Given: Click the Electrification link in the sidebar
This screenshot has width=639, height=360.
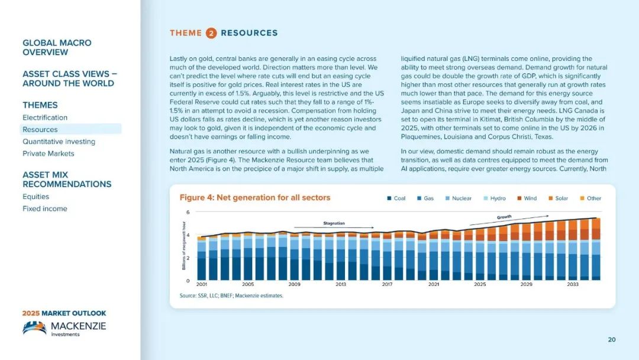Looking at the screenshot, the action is pyautogui.click(x=45, y=117).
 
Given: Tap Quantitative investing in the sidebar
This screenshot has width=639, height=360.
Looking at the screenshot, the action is pyautogui.click(x=59, y=142).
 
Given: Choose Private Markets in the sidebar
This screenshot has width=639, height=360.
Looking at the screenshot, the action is pyautogui.click(x=48, y=154).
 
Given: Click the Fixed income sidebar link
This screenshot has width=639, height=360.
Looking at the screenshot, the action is pyautogui.click(x=45, y=209).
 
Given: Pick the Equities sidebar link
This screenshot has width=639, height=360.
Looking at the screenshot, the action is pyautogui.click(x=36, y=197).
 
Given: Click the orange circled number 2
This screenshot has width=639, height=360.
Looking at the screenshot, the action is pyautogui.click(x=211, y=33).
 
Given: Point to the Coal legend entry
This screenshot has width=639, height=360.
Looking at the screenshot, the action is pyautogui.click(x=396, y=198).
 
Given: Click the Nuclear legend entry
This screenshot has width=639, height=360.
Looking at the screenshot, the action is pyautogui.click(x=458, y=198).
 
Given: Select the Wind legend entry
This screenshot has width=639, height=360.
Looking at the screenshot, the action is pyautogui.click(x=527, y=198).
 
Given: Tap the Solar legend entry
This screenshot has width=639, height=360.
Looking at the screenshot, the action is pyautogui.click(x=558, y=198).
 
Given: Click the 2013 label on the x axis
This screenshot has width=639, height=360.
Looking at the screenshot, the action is pyautogui.click(x=341, y=284).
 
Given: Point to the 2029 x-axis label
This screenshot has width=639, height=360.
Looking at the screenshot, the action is pyautogui.click(x=526, y=284).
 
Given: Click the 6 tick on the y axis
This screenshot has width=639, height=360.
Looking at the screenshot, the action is pyautogui.click(x=188, y=213).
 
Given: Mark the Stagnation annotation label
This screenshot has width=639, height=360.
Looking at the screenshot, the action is pyautogui.click(x=334, y=223).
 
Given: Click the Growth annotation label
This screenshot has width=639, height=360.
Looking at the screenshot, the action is pyautogui.click(x=504, y=217).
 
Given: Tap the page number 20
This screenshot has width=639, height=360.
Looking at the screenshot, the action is pyautogui.click(x=612, y=340).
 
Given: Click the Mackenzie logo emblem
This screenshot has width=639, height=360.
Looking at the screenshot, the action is pyautogui.click(x=35, y=327).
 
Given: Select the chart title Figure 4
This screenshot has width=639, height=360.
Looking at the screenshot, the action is pyautogui.click(x=254, y=198).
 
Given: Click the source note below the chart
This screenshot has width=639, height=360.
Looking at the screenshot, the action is pyautogui.click(x=231, y=295).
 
